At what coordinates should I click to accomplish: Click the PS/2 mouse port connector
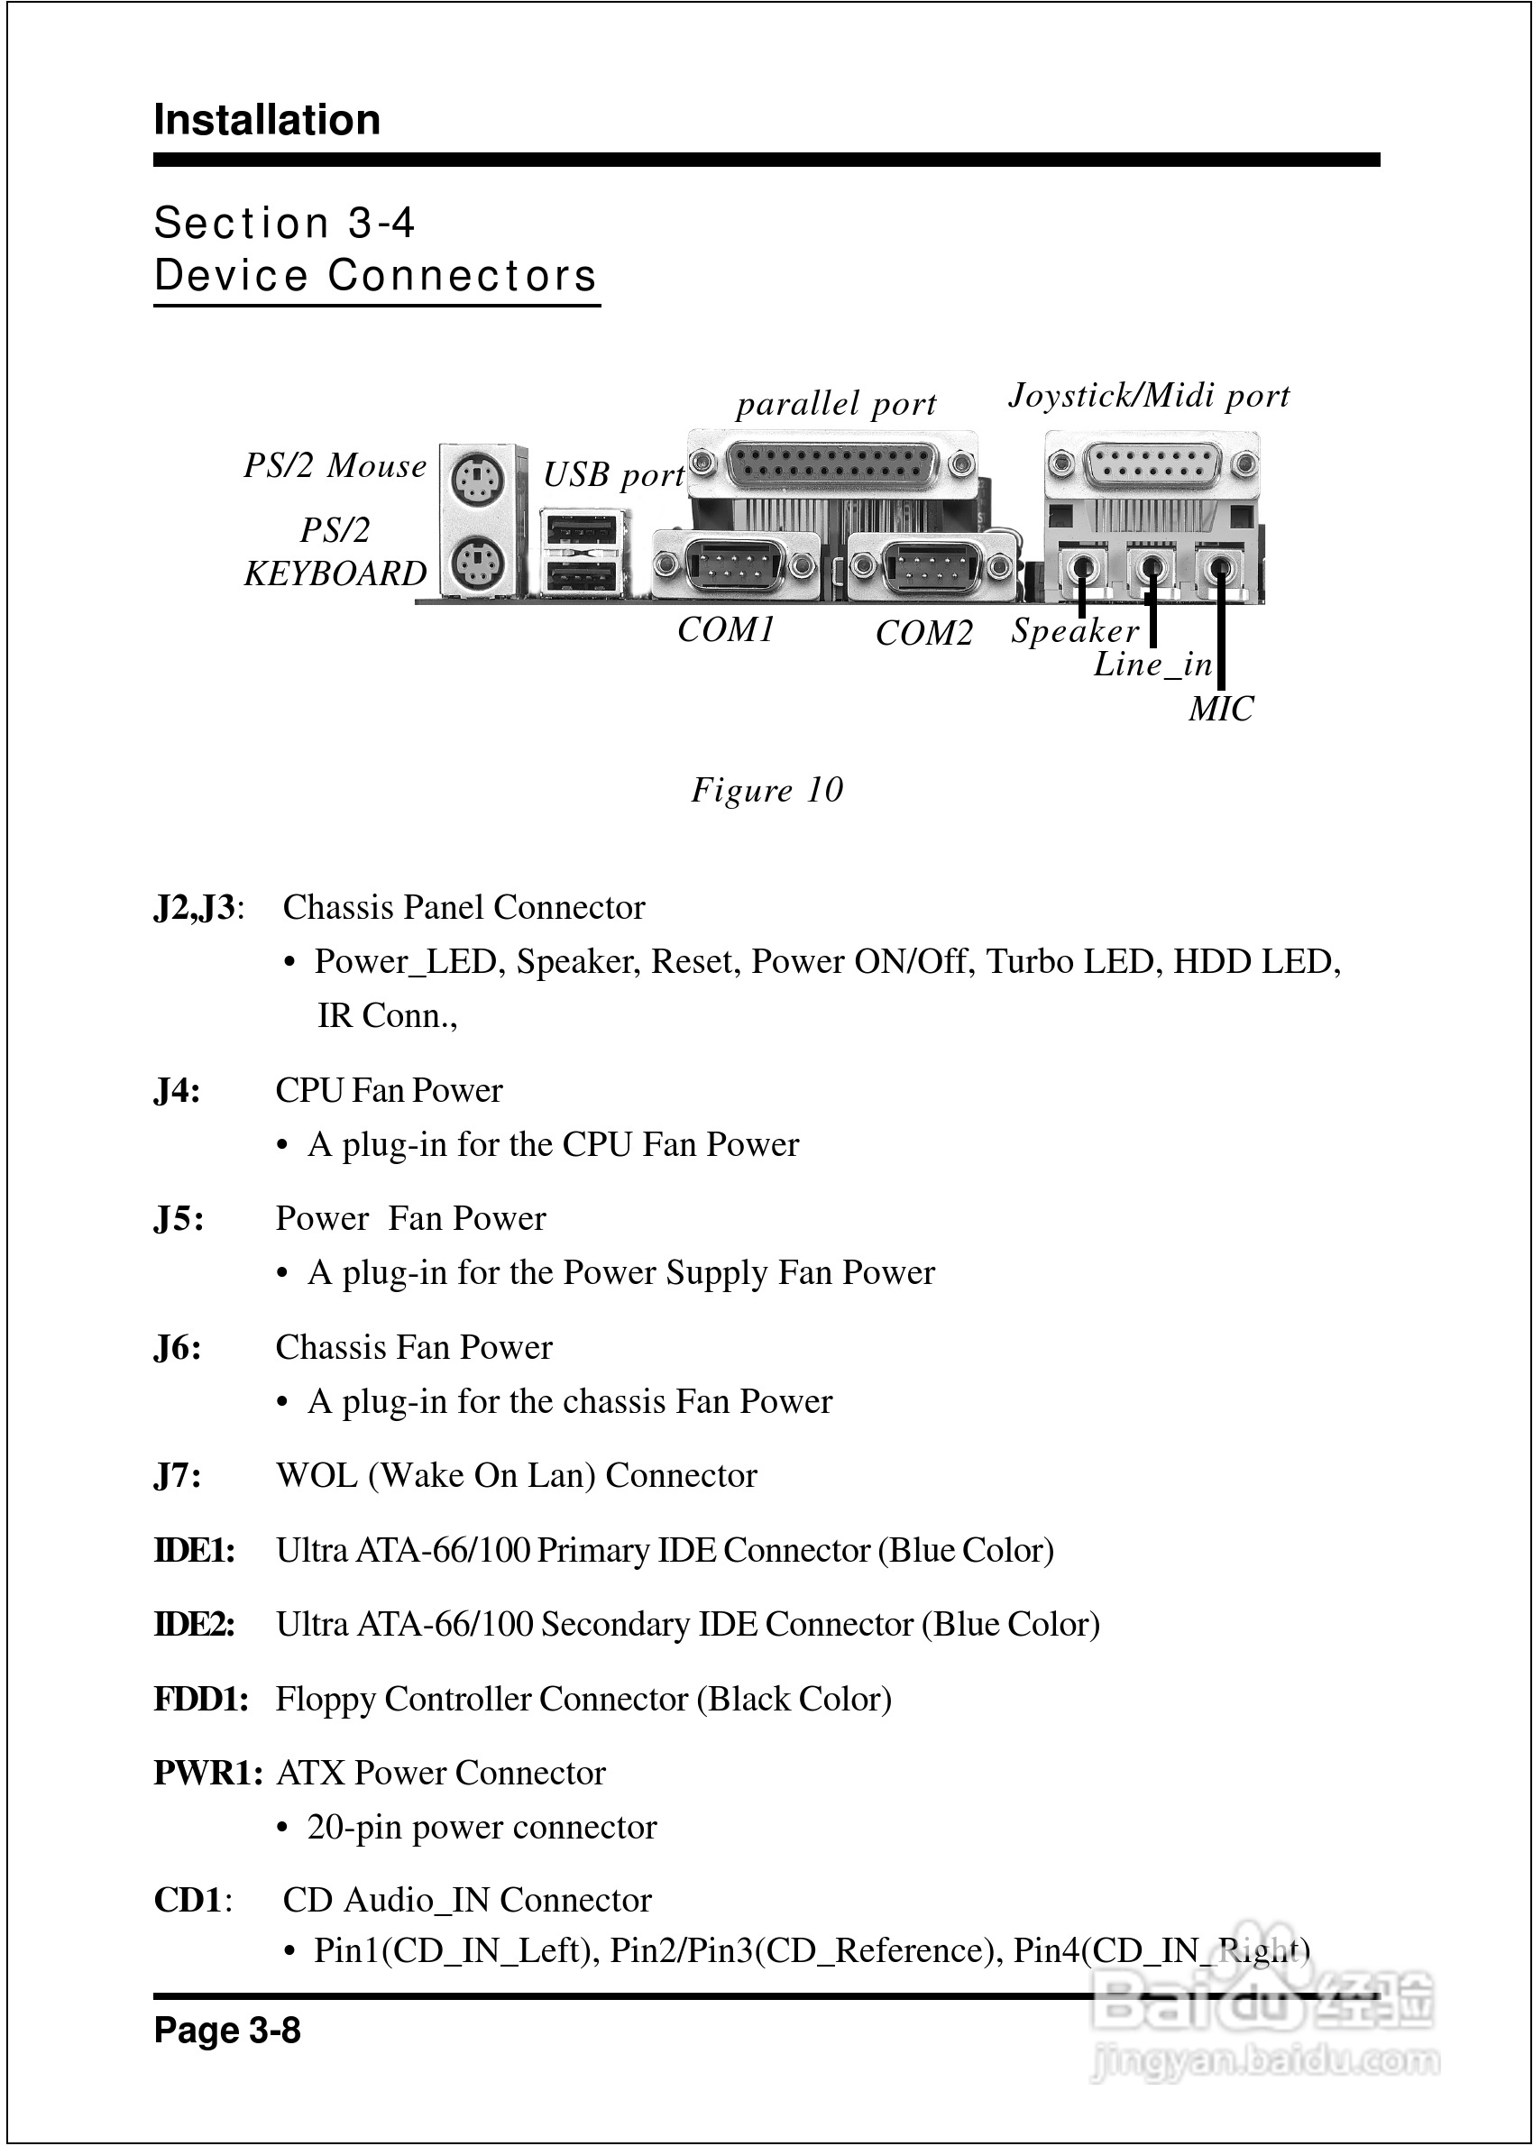point(477,481)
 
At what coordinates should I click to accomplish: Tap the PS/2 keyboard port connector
point(477,565)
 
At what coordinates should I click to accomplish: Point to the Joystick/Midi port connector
point(1152,465)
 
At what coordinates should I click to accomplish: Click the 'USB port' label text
point(613,474)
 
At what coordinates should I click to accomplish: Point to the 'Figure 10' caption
point(766,790)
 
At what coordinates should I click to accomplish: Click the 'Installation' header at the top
point(267,120)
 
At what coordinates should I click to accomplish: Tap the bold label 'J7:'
point(178,1475)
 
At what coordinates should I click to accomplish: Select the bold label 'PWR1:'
point(207,1773)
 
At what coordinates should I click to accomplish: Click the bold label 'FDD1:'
point(201,1699)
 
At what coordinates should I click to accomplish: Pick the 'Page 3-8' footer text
point(227,2030)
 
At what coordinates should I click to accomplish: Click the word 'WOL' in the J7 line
point(317,1475)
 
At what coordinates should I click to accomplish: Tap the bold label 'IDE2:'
point(195,1624)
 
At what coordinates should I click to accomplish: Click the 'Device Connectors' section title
point(376,276)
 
